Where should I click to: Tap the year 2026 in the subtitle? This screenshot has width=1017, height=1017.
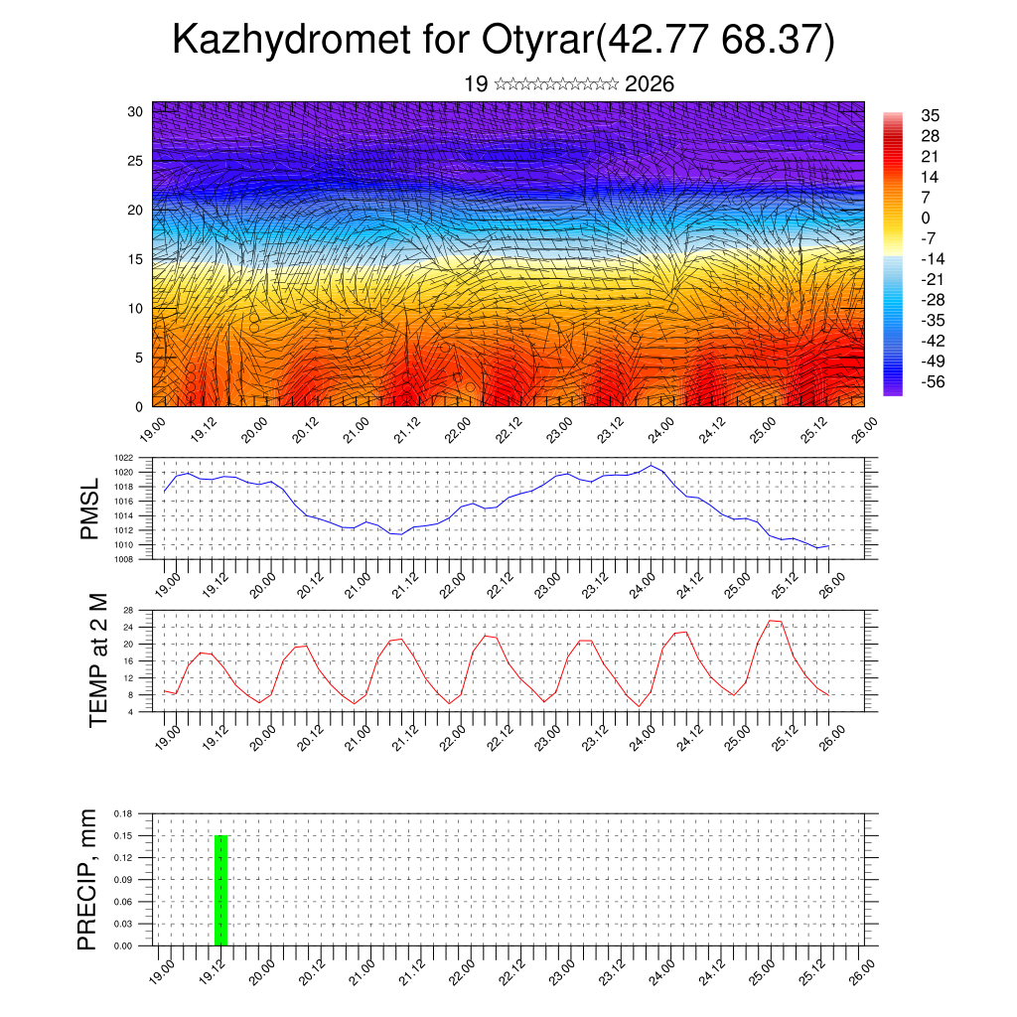click(x=650, y=84)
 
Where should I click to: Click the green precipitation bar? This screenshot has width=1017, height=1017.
click(x=220, y=890)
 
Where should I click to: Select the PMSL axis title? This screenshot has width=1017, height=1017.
click(x=90, y=508)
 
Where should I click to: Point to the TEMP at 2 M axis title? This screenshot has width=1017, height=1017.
click(x=97, y=659)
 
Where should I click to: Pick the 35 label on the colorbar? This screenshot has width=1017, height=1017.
click(x=930, y=116)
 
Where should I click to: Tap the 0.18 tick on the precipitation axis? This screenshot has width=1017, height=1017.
click(x=124, y=813)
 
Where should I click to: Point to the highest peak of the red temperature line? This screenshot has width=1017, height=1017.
click(x=771, y=621)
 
